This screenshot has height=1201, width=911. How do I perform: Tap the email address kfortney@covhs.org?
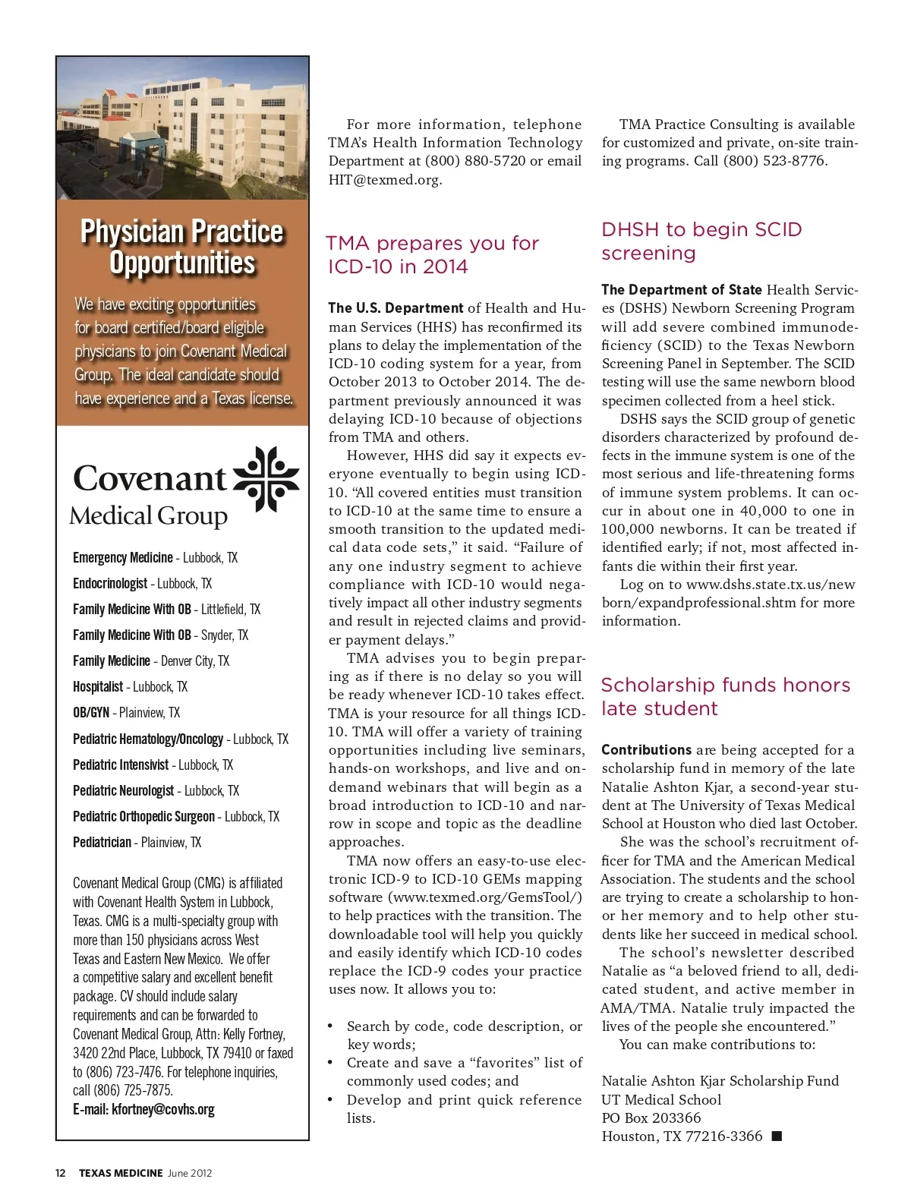[162, 1109]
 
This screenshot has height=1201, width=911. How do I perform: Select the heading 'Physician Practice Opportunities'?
[182, 247]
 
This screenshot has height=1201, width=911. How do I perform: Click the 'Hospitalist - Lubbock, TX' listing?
[130, 687]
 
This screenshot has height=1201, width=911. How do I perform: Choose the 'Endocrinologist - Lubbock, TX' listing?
[142, 584]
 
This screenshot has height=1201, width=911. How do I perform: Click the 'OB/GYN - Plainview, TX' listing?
[126, 713]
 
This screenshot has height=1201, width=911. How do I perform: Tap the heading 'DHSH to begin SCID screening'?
[701, 241]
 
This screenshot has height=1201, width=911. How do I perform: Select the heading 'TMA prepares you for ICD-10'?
[432, 254]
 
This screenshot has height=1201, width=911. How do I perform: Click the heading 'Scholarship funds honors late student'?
[725, 696]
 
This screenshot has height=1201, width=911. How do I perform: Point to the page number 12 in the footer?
[61, 1173]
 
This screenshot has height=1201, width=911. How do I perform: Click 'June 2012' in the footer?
[190, 1173]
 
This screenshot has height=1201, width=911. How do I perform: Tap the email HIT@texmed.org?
[385, 180]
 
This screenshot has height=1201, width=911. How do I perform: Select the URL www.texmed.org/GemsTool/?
[485, 897]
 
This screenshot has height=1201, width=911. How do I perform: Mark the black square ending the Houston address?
[776, 1136]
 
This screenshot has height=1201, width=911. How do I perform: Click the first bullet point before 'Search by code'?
[330, 1026]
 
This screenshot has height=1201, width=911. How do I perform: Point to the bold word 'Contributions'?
[646, 750]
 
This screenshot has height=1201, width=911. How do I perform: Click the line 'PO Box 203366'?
[651, 1118]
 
